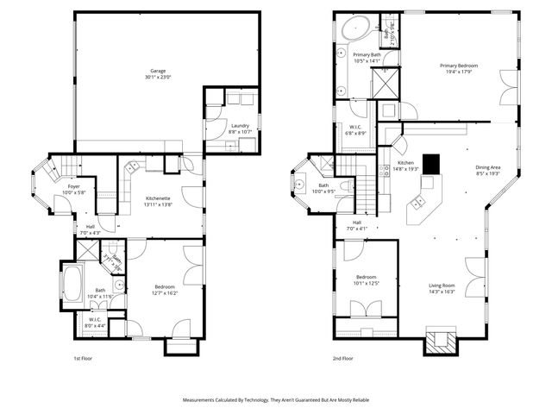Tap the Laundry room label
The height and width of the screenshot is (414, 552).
coord(241,126)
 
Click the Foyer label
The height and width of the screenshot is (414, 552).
coord(74,186)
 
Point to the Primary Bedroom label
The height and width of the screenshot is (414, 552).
coord(458,66)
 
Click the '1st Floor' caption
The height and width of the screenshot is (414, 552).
coord(84,357)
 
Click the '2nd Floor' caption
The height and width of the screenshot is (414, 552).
coord(342,357)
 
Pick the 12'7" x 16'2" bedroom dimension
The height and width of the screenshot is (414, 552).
coord(165,293)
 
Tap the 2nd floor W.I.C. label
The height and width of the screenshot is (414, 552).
coord(355,127)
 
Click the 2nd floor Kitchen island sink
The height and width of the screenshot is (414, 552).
coord(417,203)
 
